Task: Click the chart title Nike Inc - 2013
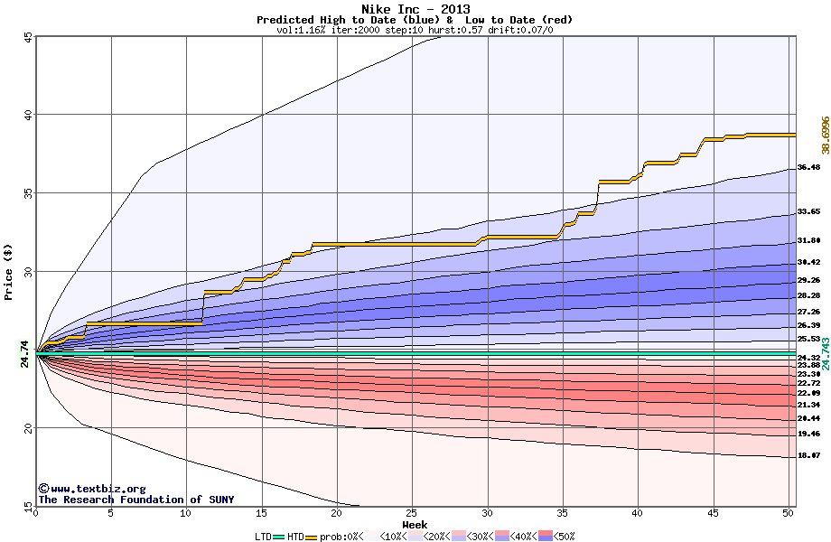click(x=415, y=8)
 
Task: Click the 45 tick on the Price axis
click(x=27, y=37)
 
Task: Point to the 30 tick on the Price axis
click(x=27, y=272)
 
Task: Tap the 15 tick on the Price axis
click(x=27, y=505)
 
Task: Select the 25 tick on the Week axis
click(x=412, y=513)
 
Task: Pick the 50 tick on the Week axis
click(x=789, y=513)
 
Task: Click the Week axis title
click(x=415, y=524)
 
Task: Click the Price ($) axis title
click(x=9, y=272)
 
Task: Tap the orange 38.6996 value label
click(x=824, y=135)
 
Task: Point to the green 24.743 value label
click(x=824, y=353)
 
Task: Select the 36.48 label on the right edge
click(x=808, y=167)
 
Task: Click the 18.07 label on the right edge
click(x=808, y=456)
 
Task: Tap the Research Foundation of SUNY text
click(x=135, y=500)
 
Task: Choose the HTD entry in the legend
click(x=295, y=537)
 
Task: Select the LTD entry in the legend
click(x=264, y=537)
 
